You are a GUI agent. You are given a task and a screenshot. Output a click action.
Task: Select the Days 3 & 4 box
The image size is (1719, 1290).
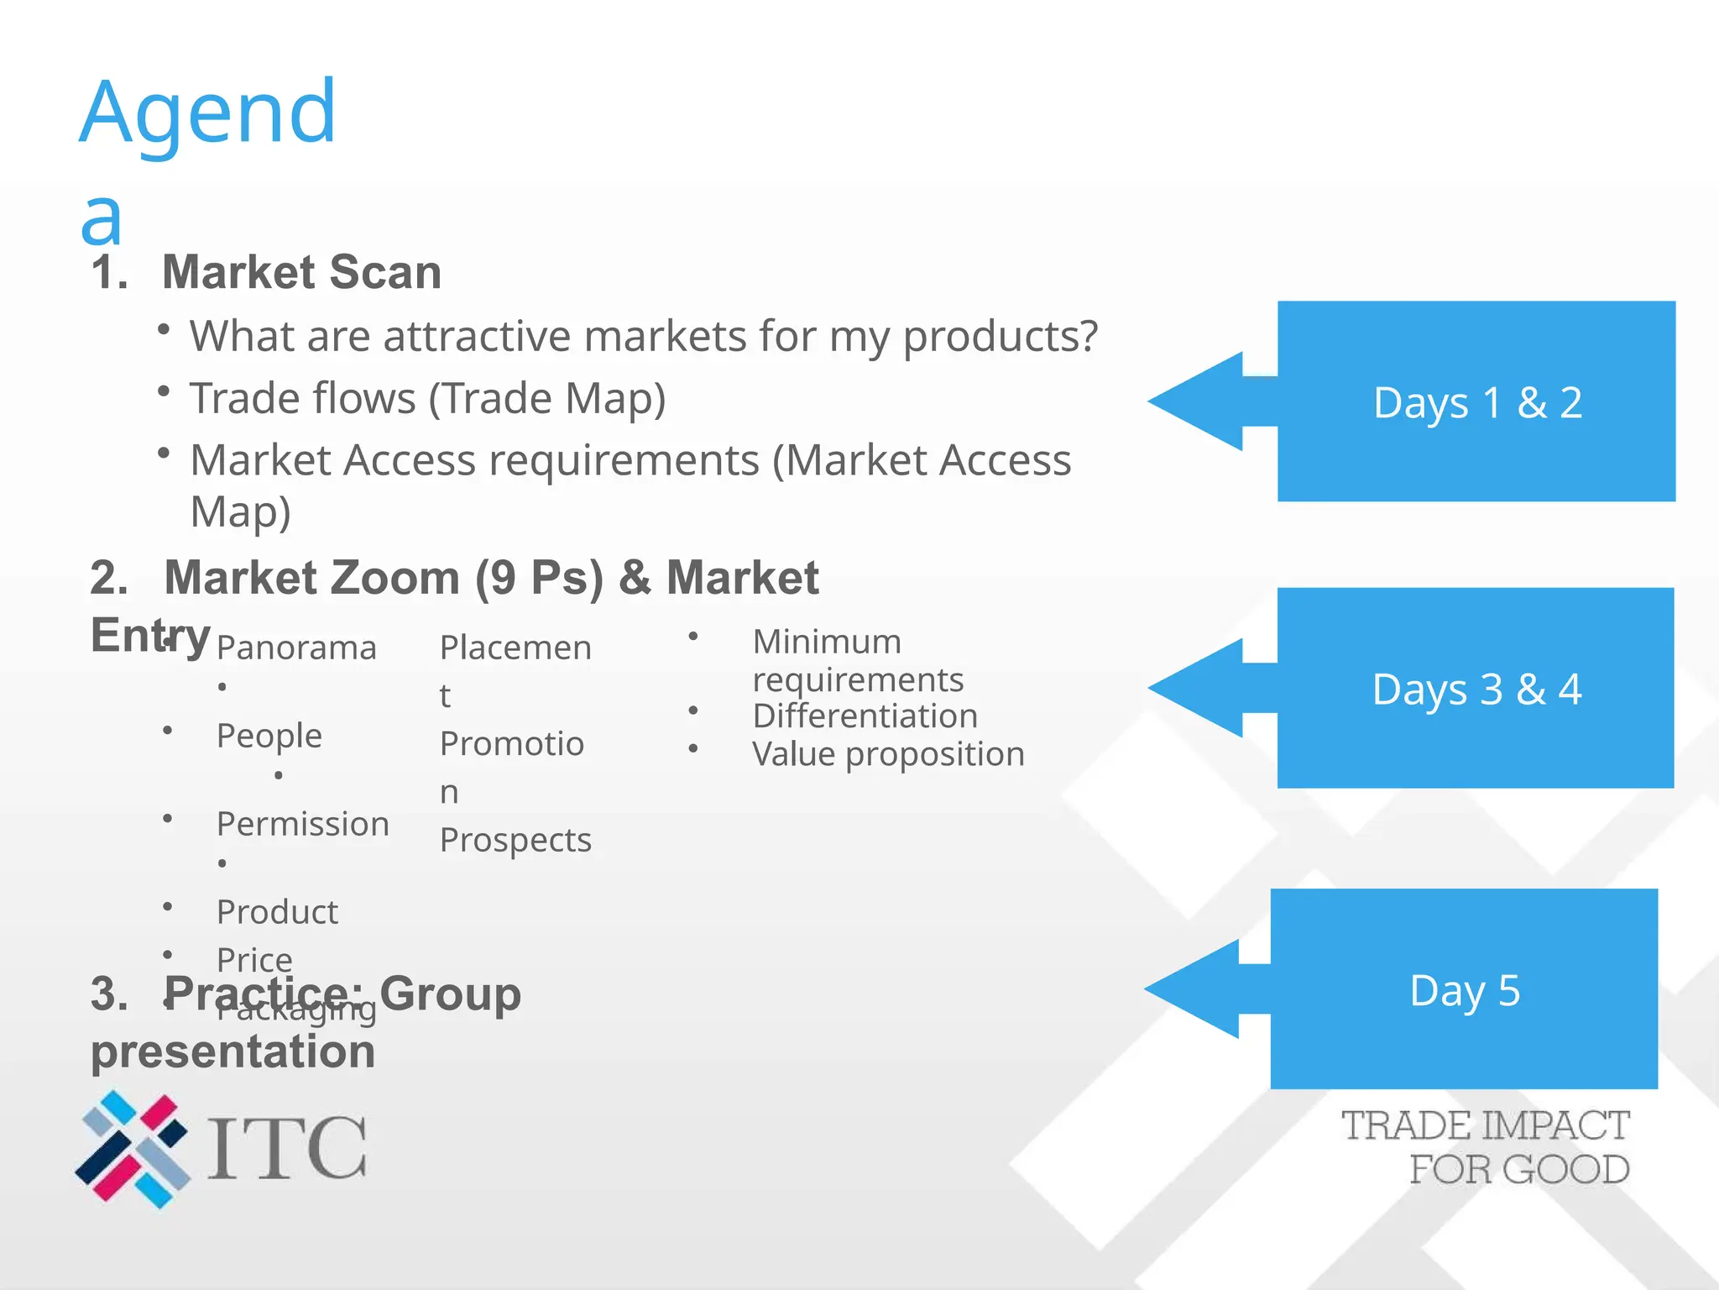click(1476, 688)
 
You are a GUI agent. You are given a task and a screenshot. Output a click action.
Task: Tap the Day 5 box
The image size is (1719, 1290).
click(1464, 989)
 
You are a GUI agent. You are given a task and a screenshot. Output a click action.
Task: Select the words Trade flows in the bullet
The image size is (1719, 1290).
click(302, 398)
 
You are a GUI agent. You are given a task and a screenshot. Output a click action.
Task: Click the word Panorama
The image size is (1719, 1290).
click(296, 648)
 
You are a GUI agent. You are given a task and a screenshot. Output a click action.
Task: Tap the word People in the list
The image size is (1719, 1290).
click(269, 736)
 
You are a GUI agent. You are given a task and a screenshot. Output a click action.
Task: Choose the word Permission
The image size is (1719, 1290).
click(302, 824)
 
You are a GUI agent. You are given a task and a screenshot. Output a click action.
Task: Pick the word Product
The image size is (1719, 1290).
click(277, 912)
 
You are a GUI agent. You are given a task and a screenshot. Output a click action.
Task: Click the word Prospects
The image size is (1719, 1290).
click(515, 840)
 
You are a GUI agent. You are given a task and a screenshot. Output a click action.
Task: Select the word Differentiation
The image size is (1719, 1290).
click(865, 716)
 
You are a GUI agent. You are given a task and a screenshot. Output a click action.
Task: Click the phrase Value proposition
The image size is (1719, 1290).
click(888, 754)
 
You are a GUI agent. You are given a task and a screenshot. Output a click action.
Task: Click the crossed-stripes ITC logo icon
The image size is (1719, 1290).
click(133, 1149)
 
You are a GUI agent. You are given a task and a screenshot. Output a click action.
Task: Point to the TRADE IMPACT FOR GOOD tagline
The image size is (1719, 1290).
click(1486, 1147)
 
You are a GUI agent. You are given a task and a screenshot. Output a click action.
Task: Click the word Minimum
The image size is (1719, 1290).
click(827, 642)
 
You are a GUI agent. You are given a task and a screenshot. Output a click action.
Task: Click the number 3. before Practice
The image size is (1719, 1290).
click(109, 994)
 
